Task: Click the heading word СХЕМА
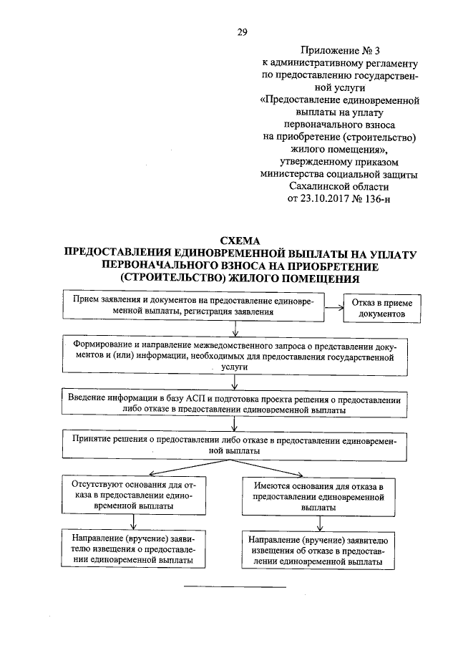click(x=241, y=241)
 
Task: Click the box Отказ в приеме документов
click(x=379, y=309)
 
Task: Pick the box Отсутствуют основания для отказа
click(x=135, y=494)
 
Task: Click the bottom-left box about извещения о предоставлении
click(x=135, y=548)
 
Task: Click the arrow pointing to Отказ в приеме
click(x=333, y=309)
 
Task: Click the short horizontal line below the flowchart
click(x=235, y=588)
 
